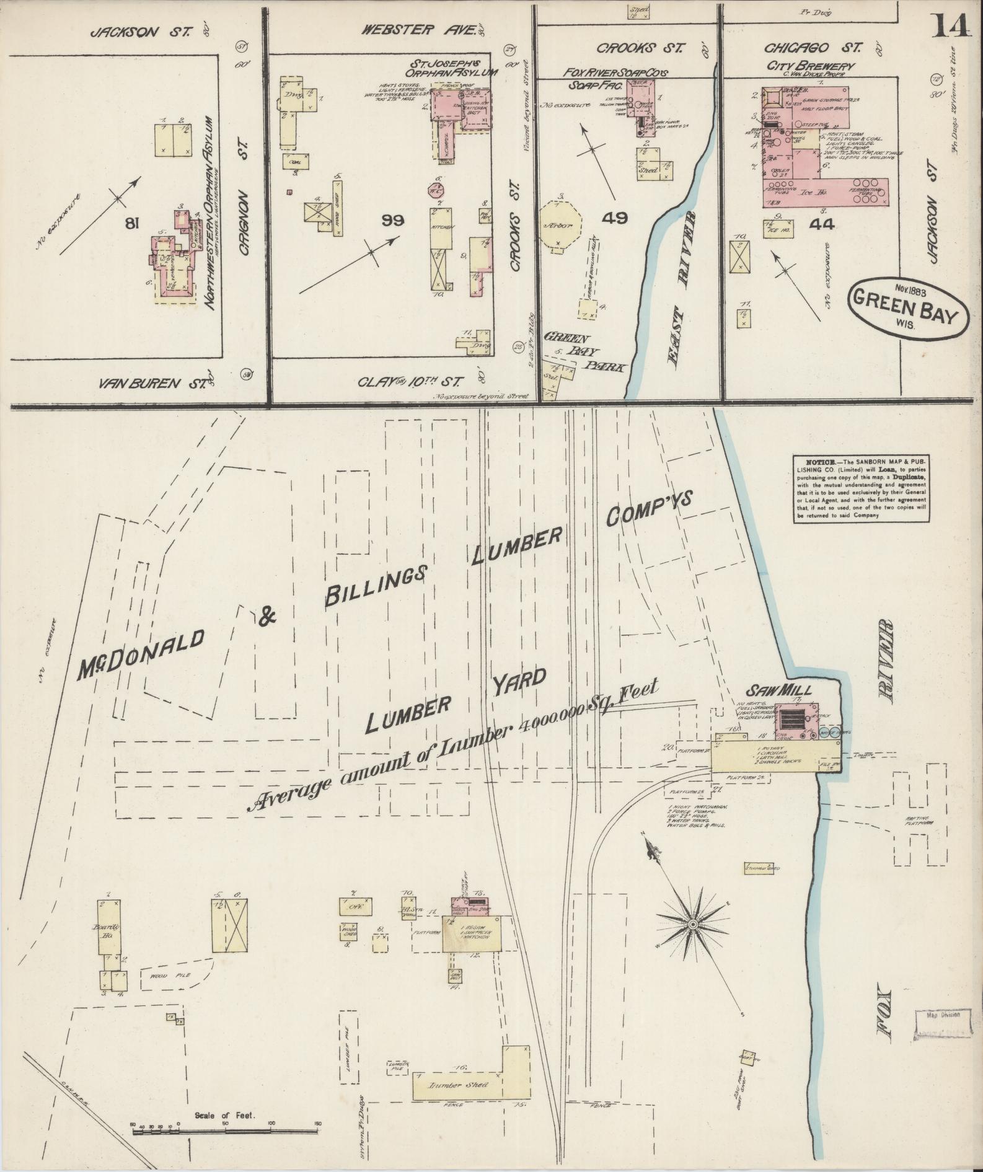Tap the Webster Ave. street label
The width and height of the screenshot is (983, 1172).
419,30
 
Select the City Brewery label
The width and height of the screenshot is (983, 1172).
810,66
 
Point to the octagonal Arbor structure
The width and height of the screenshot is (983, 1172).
560,225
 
